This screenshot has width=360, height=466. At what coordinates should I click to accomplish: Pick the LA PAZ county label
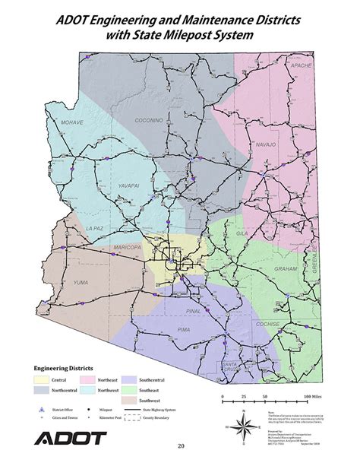[x=94, y=228]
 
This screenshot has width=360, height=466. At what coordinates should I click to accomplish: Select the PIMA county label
[x=182, y=328]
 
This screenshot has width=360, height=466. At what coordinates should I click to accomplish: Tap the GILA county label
[x=242, y=233]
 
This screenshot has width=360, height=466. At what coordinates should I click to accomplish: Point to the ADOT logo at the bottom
[x=71, y=439]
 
